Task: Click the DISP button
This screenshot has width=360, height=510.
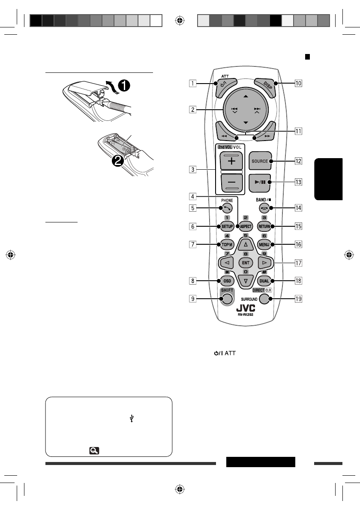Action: (263, 84)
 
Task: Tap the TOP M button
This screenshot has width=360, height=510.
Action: (227, 245)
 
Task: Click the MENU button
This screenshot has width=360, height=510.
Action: (264, 245)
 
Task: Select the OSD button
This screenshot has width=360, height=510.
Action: (227, 281)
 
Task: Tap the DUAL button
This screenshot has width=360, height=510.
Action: (264, 281)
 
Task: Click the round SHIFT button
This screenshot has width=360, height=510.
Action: (228, 299)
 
